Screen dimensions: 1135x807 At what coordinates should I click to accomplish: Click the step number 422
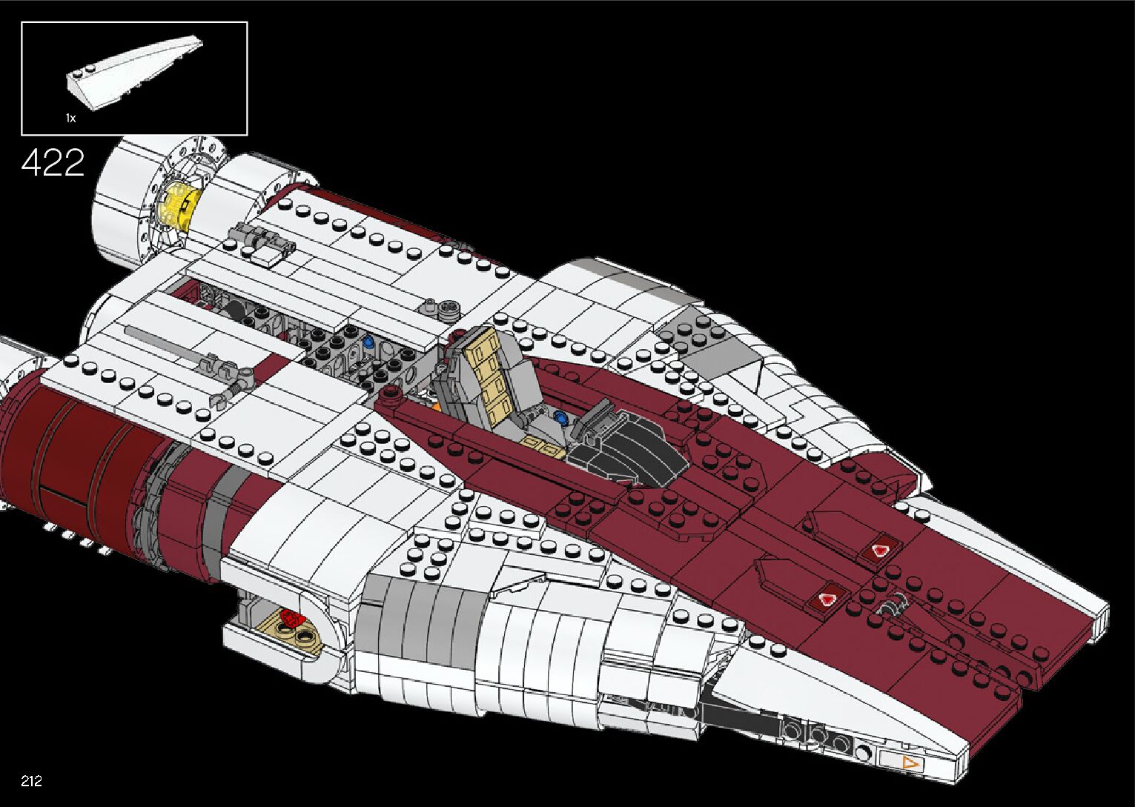click(x=53, y=162)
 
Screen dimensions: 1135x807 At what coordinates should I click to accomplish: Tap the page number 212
click(x=31, y=780)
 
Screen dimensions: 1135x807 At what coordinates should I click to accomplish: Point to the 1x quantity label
click(x=70, y=118)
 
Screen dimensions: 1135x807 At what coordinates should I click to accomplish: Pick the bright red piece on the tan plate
click(x=291, y=619)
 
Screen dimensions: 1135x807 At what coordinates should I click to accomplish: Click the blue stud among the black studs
click(x=369, y=342)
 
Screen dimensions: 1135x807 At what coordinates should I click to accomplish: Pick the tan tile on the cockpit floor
click(x=543, y=448)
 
